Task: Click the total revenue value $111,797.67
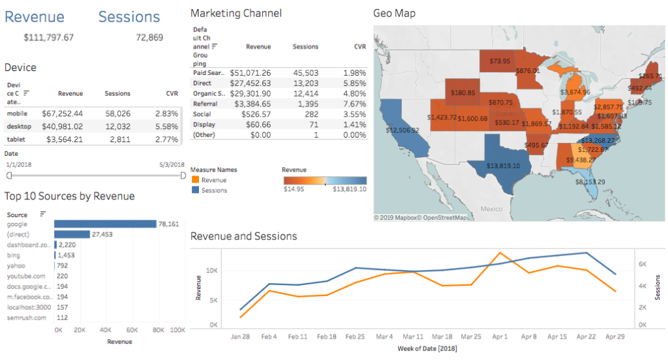click(x=49, y=38)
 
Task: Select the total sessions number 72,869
click(x=149, y=38)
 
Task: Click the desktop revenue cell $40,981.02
click(x=62, y=127)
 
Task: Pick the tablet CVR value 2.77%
click(x=167, y=140)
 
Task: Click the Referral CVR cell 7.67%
click(x=355, y=104)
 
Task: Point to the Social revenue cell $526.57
click(x=255, y=114)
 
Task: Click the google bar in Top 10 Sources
click(x=105, y=224)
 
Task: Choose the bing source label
click(x=13, y=255)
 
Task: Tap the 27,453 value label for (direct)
click(x=103, y=234)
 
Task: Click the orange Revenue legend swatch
click(x=195, y=180)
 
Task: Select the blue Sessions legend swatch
click(x=195, y=190)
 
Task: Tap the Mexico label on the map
click(x=491, y=209)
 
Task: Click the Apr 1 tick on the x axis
click(x=499, y=337)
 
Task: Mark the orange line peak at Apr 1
click(x=500, y=253)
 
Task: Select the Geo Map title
click(x=394, y=13)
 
